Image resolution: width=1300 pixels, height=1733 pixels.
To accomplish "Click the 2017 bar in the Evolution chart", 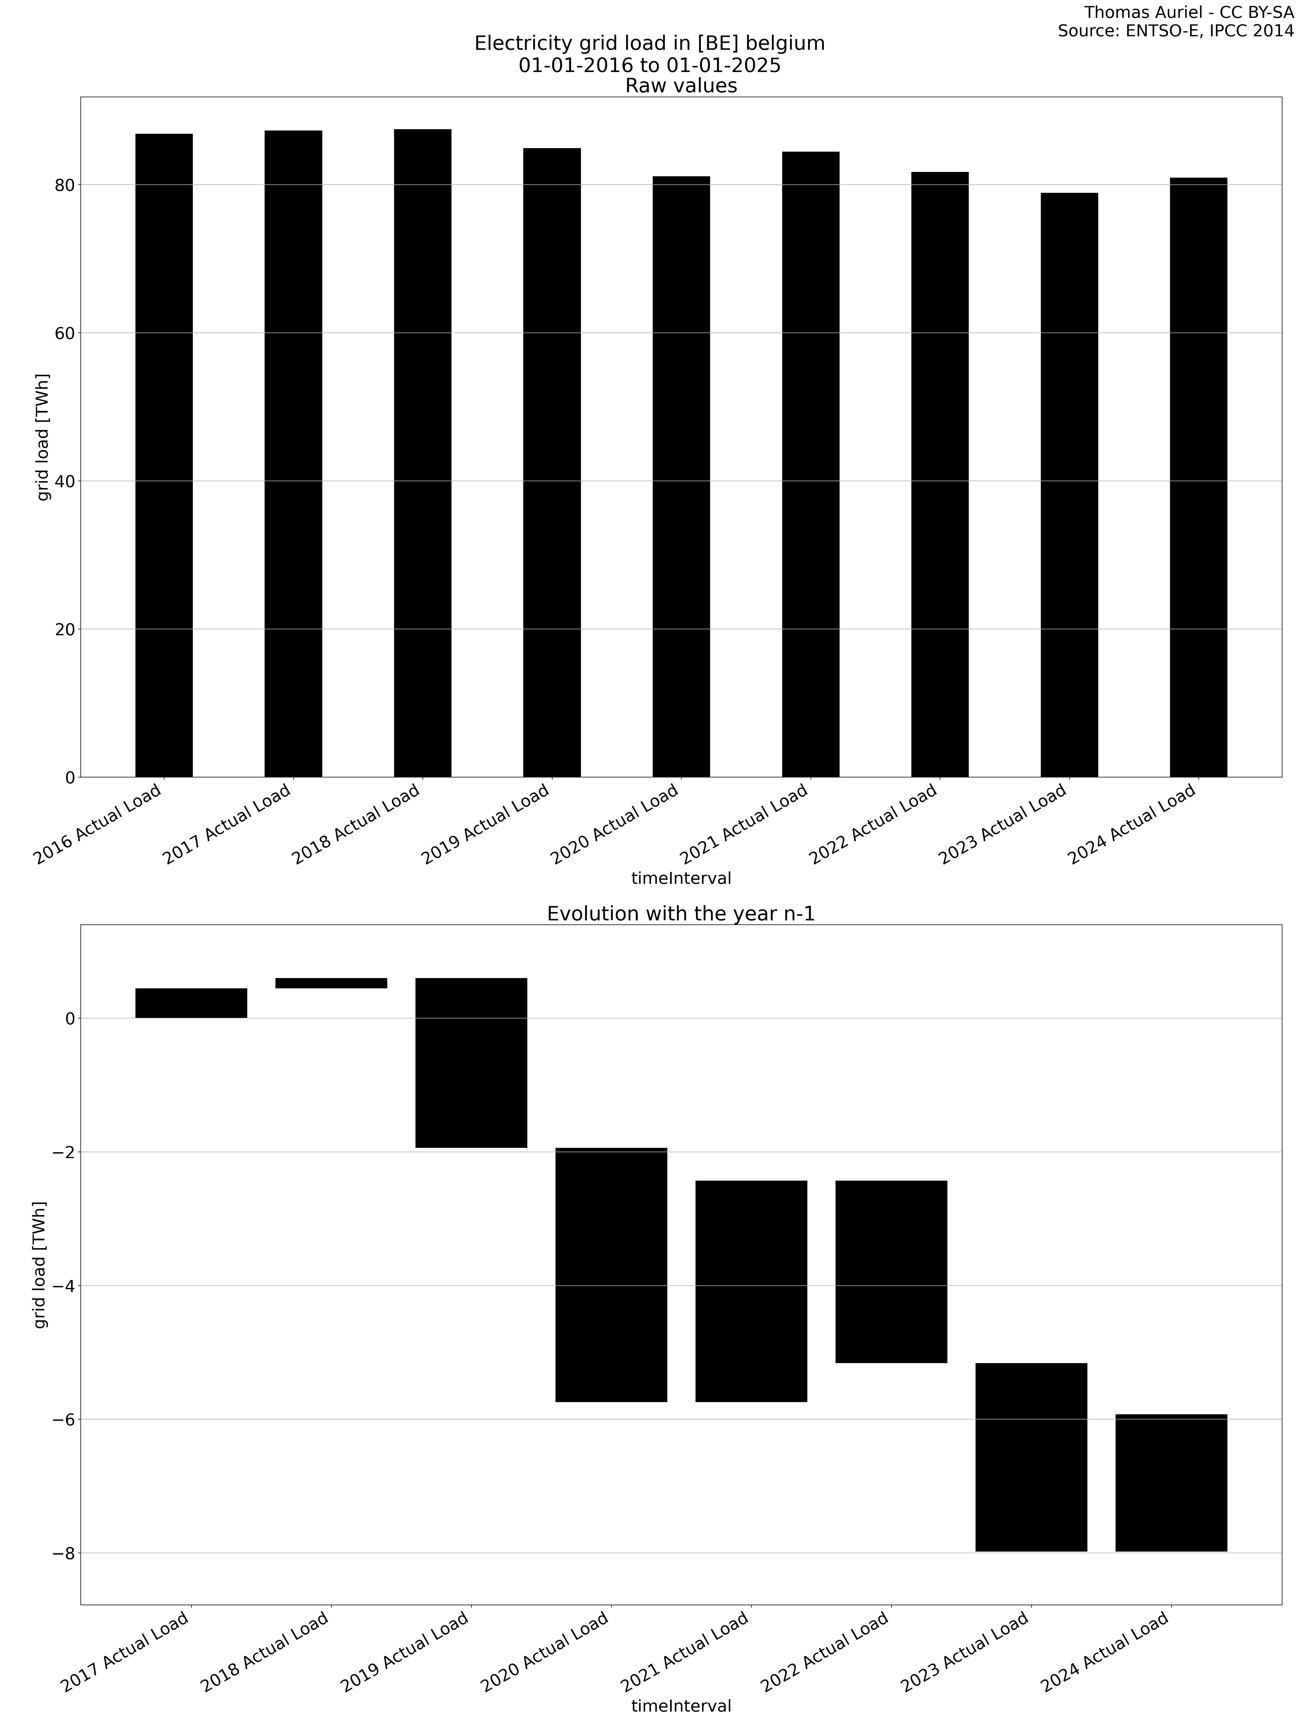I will click(191, 1003).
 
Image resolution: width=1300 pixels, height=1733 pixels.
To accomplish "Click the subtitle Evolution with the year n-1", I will click(680, 914).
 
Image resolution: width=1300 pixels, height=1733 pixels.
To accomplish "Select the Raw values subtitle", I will click(680, 85).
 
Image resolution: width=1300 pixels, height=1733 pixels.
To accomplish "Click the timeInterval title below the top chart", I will click(680, 878).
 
